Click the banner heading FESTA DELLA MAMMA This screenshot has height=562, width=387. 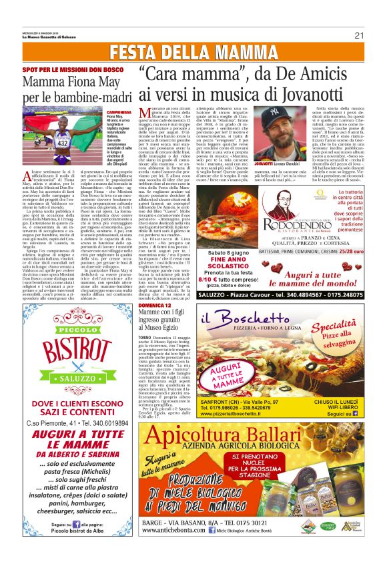[x=193, y=53]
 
